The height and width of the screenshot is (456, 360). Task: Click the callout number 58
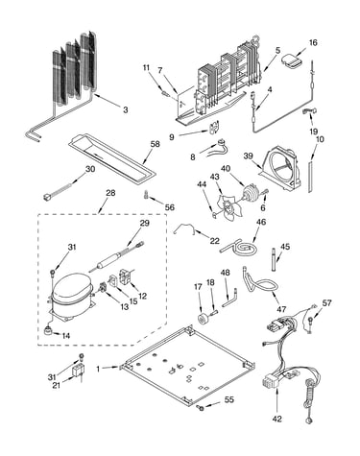tap(155, 144)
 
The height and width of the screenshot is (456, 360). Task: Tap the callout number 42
tap(277, 419)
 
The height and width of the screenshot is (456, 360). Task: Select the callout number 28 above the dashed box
tap(110, 193)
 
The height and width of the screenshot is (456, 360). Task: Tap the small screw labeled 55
tap(201, 407)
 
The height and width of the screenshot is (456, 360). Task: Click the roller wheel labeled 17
tap(204, 319)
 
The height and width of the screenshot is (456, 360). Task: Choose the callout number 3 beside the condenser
tap(125, 109)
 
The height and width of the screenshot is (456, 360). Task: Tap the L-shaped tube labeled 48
tap(229, 299)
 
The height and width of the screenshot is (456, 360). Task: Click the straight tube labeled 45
tap(274, 259)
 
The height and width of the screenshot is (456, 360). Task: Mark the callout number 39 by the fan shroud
tap(248, 156)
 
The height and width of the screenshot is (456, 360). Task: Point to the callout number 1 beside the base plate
tap(98, 369)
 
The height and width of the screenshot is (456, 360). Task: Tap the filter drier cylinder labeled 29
tap(108, 259)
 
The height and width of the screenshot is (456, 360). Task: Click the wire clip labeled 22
tap(185, 228)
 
